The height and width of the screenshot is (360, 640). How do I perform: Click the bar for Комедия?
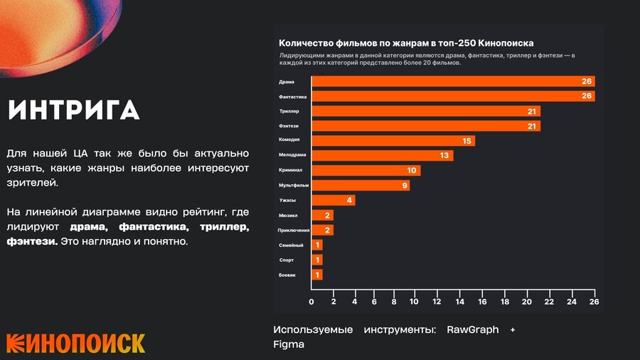(x=393, y=141)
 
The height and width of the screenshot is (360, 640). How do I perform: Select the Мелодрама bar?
(x=383, y=156)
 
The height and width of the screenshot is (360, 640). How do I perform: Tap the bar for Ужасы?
(x=334, y=201)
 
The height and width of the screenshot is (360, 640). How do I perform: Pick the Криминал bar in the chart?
(x=366, y=170)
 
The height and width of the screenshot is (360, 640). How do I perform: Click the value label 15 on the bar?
(x=467, y=141)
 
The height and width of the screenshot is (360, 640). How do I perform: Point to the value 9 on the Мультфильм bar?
(x=405, y=186)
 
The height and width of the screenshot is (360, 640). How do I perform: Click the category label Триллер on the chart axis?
(x=289, y=111)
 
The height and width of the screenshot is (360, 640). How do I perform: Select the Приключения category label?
(x=294, y=231)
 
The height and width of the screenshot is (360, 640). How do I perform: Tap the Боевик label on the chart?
(x=287, y=275)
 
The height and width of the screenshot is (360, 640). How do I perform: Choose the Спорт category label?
(x=287, y=260)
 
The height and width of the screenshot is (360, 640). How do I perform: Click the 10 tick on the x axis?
(x=414, y=302)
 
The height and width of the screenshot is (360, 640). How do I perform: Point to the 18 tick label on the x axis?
(x=504, y=302)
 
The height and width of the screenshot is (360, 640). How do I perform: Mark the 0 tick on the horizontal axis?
(x=311, y=302)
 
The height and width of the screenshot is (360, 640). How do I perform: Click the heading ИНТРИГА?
(x=74, y=110)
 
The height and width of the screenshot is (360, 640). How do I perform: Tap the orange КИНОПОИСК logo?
(x=76, y=343)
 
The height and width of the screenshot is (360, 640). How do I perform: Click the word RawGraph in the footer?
(x=473, y=330)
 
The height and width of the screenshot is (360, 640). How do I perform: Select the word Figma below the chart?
(x=289, y=344)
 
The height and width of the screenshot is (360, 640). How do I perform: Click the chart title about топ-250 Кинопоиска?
(x=406, y=43)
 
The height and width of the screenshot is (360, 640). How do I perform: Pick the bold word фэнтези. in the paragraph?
(x=32, y=242)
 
